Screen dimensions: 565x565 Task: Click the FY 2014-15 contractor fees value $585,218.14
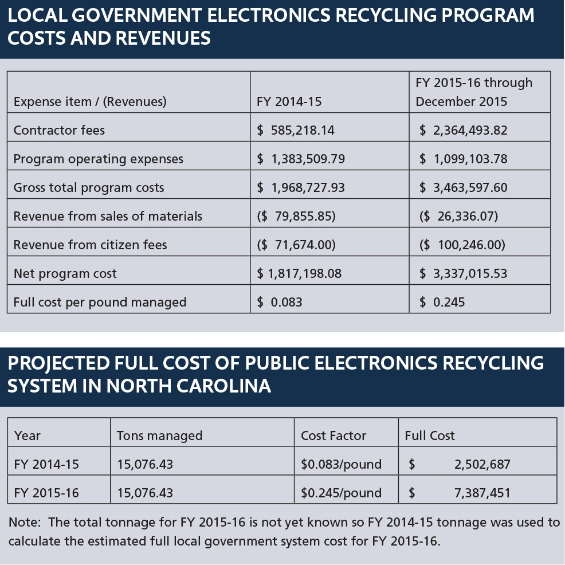[296, 130]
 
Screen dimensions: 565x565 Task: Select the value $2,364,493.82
[464, 130]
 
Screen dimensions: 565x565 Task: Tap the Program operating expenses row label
[99, 159]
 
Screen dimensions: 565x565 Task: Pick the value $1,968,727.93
[300, 187]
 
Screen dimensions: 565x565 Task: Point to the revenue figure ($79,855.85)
[296, 216]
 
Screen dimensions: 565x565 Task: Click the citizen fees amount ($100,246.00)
[462, 245]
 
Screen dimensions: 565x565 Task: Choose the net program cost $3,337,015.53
[464, 273]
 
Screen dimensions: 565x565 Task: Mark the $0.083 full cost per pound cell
[279, 302]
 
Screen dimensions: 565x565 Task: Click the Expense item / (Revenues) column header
[90, 101]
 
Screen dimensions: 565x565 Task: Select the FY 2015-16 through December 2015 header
[474, 92]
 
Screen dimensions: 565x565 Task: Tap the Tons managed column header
[160, 435]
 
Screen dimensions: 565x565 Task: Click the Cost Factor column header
[333, 435]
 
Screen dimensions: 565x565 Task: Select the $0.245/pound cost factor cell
[341, 493]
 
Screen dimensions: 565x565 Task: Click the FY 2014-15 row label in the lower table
[46, 464]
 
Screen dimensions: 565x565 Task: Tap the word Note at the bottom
[25, 522]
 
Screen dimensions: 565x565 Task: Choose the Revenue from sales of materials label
[108, 216]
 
